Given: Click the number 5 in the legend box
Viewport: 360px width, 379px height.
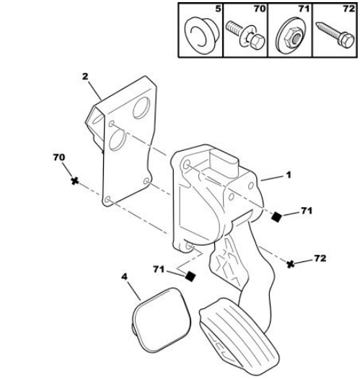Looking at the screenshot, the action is [x=218, y=9].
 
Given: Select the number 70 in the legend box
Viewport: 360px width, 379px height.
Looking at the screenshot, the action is [x=260, y=9].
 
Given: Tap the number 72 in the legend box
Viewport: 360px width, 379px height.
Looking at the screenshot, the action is [x=349, y=9].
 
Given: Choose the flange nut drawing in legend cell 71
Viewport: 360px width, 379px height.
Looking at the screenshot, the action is [x=291, y=35].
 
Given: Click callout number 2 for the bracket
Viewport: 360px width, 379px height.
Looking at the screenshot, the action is [x=85, y=77].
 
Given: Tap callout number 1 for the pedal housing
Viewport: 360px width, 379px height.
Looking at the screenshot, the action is [x=289, y=175].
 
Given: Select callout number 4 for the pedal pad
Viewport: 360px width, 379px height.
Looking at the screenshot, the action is [x=124, y=276].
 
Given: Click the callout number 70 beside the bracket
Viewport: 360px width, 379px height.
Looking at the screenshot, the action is [x=59, y=157].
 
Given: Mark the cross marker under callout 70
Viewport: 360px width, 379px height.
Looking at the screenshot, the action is [x=75, y=180].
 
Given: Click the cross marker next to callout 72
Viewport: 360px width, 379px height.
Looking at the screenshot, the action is [x=291, y=264].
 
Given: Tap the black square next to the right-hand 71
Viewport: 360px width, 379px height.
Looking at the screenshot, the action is [x=276, y=217].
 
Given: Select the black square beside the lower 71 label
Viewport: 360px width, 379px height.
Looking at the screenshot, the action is [x=190, y=276].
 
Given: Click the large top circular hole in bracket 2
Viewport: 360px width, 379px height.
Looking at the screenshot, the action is [x=141, y=108].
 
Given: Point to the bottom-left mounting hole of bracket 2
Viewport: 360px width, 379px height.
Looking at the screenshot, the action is [x=107, y=200].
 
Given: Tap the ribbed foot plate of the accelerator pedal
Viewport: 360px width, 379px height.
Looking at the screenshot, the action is [x=240, y=336].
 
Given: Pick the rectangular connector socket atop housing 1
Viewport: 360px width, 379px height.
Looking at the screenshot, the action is [x=224, y=160].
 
